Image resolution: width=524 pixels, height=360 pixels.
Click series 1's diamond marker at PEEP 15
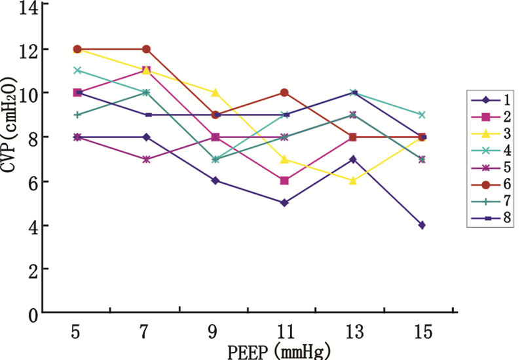tap(422, 225)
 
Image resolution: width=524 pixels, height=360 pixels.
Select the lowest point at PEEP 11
tap(284, 203)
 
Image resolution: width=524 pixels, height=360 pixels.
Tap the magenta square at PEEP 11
tap(284, 181)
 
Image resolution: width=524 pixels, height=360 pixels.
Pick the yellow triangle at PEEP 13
tap(353, 181)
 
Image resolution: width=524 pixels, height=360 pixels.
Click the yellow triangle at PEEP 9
tap(215, 92)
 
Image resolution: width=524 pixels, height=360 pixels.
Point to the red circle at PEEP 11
tap(284, 92)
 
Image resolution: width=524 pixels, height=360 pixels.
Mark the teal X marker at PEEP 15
tap(422, 115)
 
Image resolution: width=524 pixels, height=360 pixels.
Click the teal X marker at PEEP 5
tap(77, 70)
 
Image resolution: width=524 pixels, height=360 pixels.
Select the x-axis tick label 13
tap(353, 332)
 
